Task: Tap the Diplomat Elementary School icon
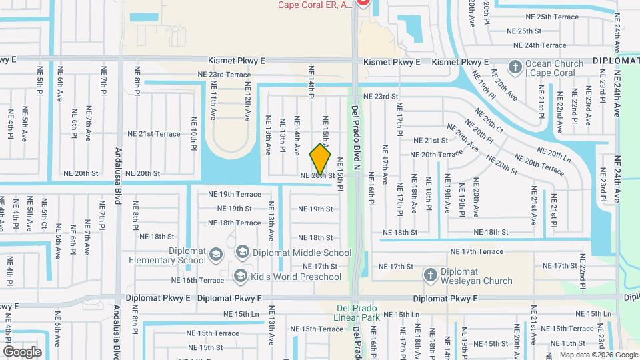coord(215,254)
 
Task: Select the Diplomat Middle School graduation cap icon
coord(242,252)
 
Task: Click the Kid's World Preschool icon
coord(240,275)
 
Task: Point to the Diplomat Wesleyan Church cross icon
coord(431,275)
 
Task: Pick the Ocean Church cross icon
coord(515,67)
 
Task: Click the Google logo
coord(22,351)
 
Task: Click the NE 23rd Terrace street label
coord(224,75)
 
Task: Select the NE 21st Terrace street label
coord(159,134)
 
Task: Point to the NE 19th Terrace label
coord(235,194)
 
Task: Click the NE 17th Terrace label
coord(477,251)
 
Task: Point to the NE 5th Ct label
coord(45,214)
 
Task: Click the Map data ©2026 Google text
coord(598,355)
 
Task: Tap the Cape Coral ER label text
coord(315,5)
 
